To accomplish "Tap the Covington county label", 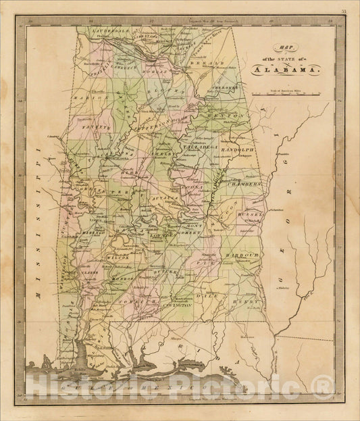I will tap(178, 305).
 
